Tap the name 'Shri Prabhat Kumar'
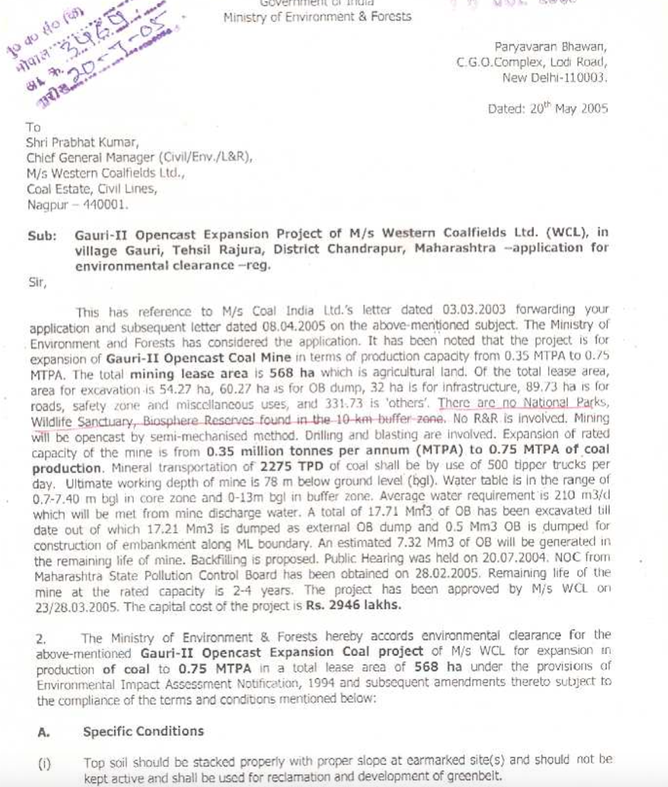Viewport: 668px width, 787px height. [x=82, y=142]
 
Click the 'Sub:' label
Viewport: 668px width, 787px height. [x=42, y=236]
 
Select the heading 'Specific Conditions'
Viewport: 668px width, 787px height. [x=143, y=731]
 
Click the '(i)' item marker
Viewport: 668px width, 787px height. [x=44, y=764]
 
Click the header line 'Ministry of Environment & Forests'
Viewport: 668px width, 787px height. [x=317, y=17]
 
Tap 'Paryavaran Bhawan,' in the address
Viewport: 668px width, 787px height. [x=550, y=47]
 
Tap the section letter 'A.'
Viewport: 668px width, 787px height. [x=44, y=732]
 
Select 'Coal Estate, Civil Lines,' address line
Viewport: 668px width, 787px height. [x=91, y=188]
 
